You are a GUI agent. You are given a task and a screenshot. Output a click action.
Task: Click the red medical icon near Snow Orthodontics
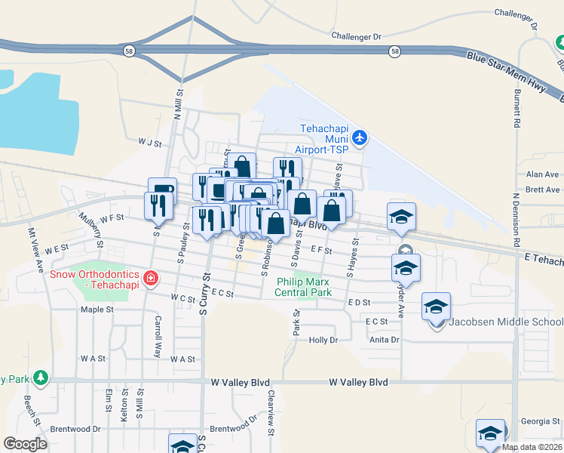152,279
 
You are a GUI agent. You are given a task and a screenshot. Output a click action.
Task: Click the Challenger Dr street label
357,35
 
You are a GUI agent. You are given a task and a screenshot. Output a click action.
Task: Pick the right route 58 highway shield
394,51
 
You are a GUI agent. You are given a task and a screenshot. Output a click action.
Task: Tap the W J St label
150,140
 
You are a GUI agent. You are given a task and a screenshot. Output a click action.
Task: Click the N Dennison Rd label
517,224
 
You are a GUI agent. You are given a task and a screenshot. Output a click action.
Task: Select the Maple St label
97,310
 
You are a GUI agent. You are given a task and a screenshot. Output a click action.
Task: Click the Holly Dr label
323,340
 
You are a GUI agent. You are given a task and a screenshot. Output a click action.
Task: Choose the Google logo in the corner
25,444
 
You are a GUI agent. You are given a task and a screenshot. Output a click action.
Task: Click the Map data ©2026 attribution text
532,447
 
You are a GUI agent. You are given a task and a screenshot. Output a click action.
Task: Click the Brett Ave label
543,190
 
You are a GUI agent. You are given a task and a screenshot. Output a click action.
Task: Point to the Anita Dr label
384,340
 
